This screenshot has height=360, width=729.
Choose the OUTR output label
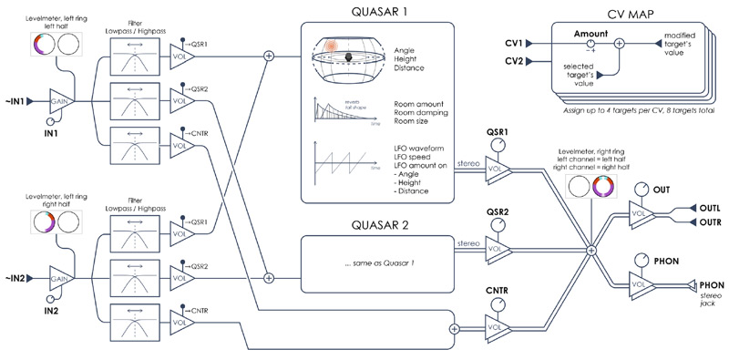[710, 221]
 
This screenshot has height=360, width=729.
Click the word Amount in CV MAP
[590, 31]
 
